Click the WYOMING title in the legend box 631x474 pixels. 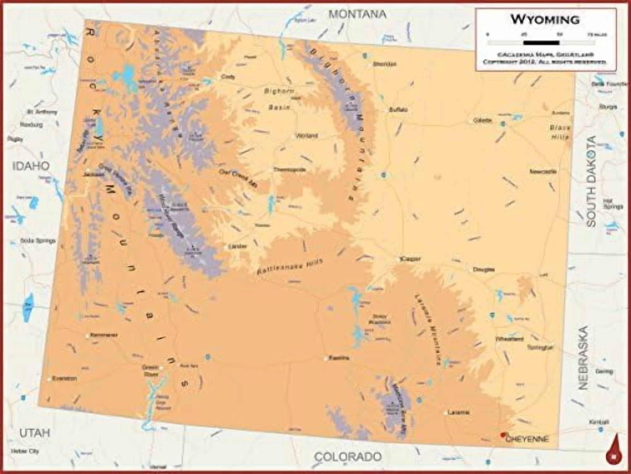545,20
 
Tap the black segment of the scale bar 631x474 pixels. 541,43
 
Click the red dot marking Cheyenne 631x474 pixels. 503,435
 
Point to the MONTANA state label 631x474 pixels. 357,14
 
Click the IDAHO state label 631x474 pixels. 31,166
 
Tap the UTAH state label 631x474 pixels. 35,433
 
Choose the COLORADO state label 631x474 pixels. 348,456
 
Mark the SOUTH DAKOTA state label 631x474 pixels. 592,181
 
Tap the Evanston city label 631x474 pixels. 64,378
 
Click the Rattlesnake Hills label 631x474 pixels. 290,267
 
